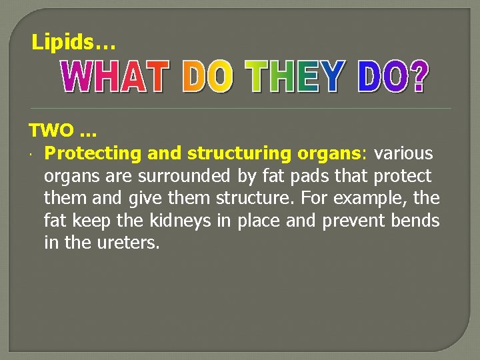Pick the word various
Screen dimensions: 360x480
[x=403, y=154]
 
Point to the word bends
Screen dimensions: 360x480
[x=417, y=221]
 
